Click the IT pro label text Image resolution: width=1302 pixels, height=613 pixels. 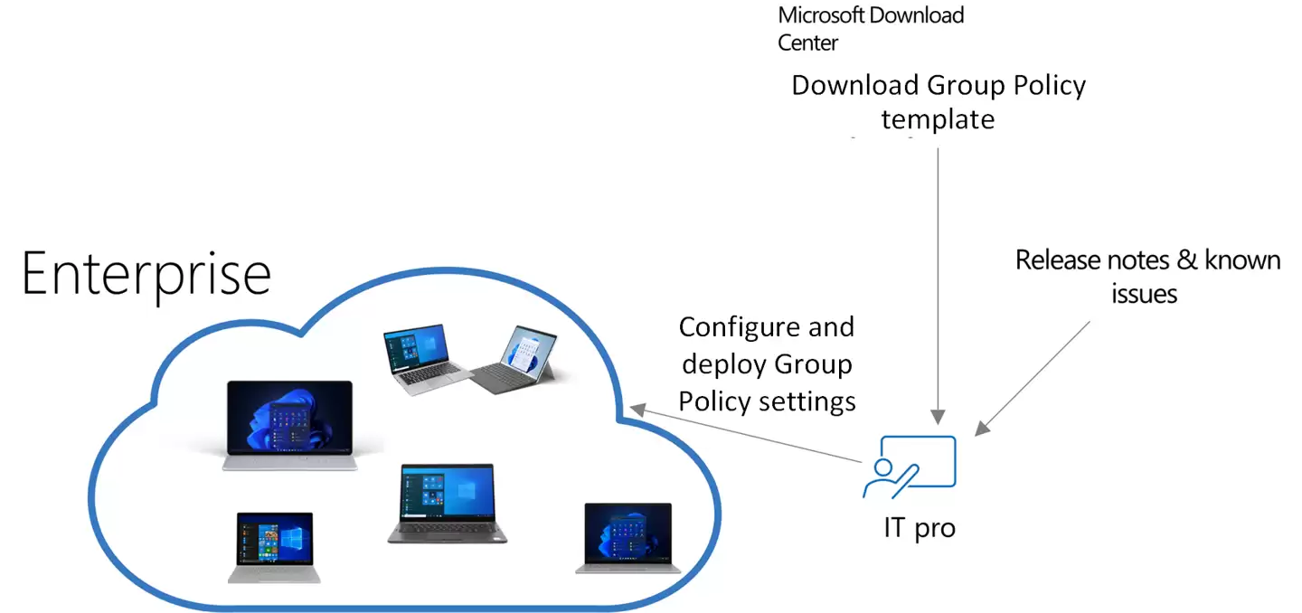(919, 528)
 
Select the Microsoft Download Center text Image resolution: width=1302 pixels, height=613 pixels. (870, 28)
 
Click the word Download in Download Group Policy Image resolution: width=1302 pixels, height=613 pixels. (855, 86)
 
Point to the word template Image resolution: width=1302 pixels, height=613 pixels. (938, 119)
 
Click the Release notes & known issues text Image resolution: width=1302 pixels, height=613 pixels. (1146, 277)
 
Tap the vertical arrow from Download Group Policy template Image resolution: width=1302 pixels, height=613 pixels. (938, 280)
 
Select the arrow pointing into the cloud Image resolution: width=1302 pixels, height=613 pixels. (746, 436)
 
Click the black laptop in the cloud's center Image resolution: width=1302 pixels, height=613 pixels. (440, 503)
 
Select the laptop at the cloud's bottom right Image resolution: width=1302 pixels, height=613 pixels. (628, 537)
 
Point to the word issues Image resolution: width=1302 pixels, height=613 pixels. (1145, 294)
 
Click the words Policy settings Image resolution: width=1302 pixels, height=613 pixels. (767, 401)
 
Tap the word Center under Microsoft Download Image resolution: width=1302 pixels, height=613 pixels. (807, 42)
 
